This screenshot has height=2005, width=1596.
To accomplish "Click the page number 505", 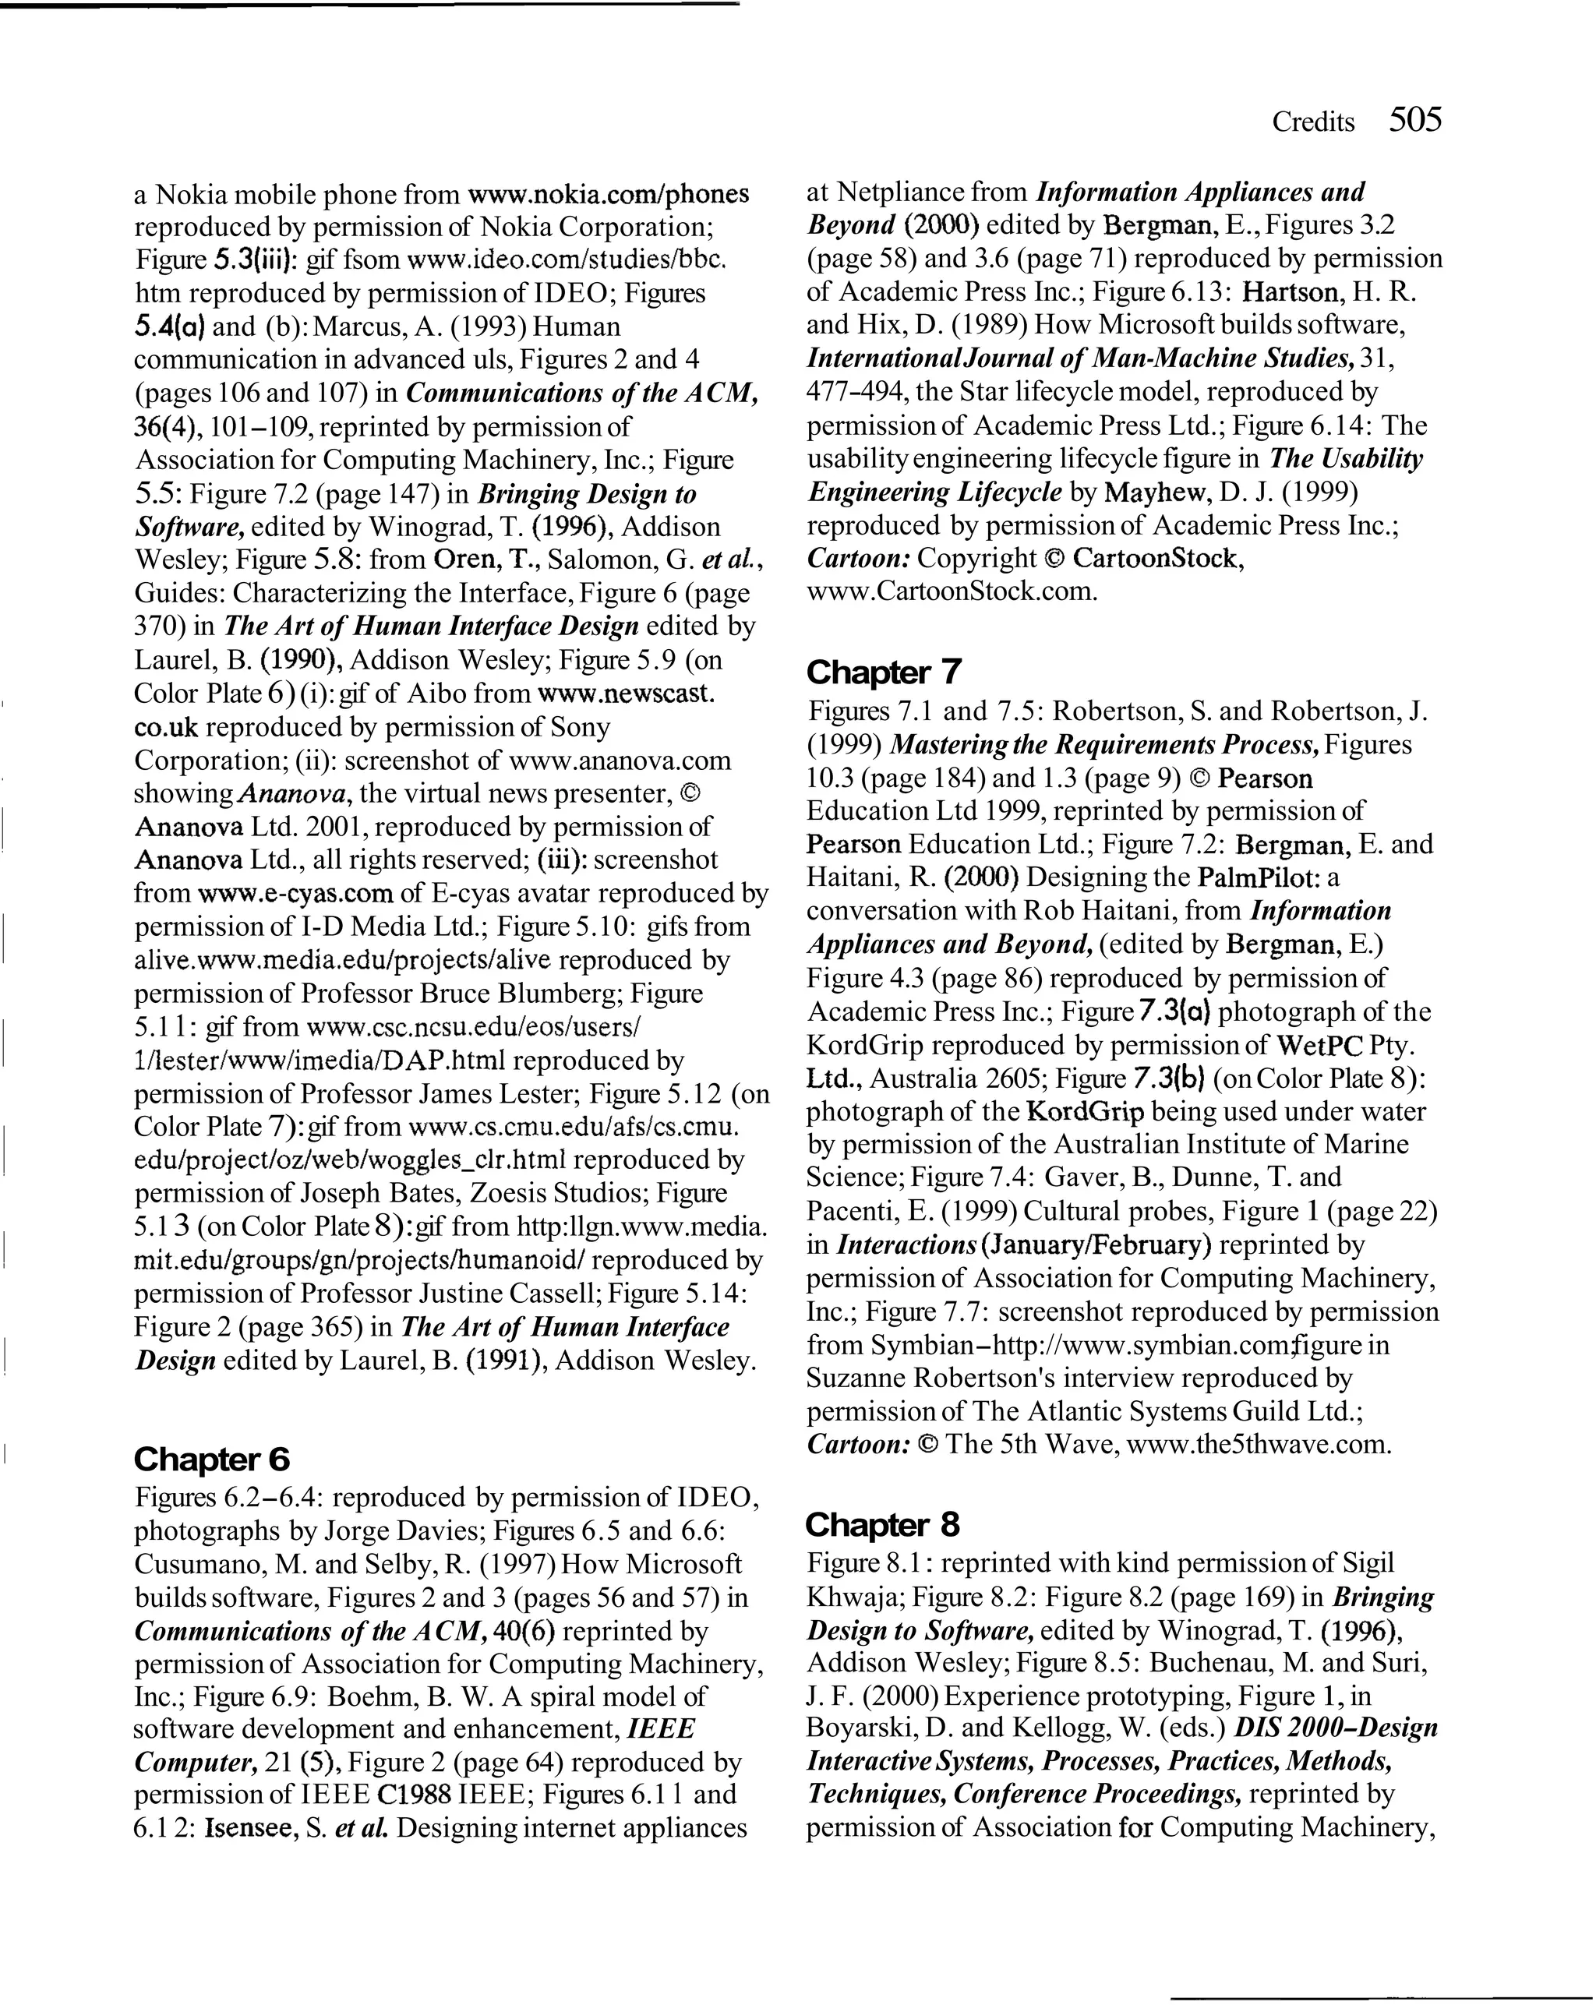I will (1414, 120).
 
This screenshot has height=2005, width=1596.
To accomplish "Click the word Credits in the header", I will (1312, 122).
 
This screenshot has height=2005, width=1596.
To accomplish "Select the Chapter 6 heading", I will (212, 1459).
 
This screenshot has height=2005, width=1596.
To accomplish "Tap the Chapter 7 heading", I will (884, 672).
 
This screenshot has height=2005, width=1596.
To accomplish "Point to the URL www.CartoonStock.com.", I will (952, 591).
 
